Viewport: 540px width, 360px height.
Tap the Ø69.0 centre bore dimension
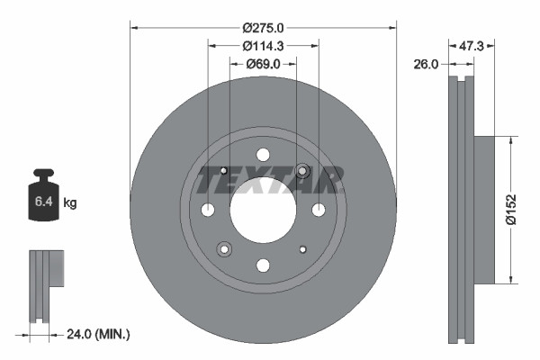(263, 64)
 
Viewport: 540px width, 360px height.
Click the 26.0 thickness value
(427, 65)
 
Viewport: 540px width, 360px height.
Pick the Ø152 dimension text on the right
(510, 209)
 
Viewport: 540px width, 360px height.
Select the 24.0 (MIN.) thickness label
(99, 334)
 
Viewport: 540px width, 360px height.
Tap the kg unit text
(71, 204)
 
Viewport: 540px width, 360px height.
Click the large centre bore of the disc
(263, 210)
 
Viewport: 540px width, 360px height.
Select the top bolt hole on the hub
(263, 154)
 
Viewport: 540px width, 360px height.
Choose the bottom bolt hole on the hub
(263, 265)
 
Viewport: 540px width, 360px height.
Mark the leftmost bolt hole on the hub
(208, 210)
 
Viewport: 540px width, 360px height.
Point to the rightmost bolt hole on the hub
(319, 210)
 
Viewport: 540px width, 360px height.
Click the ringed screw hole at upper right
(302, 171)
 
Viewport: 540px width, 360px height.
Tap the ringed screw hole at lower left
(223, 249)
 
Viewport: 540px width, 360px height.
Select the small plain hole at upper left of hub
(224, 171)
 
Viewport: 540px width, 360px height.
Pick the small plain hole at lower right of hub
(302, 249)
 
